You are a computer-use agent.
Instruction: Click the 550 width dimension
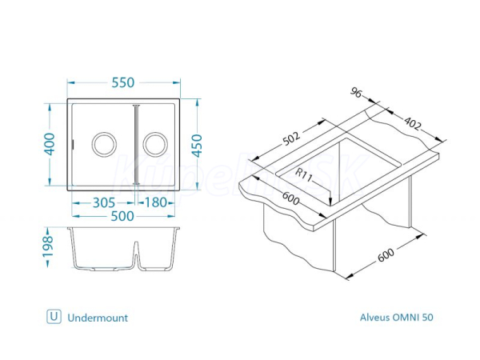coord(123,83)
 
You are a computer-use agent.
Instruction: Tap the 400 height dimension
coord(50,145)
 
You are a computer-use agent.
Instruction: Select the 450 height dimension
coord(208,145)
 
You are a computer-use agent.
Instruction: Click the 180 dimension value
coord(157,202)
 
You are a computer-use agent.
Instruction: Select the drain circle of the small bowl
coord(155,145)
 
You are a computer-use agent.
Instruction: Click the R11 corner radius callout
coord(305,174)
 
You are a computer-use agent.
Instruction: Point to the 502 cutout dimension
coord(291,138)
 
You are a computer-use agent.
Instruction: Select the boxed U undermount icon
coord(54,317)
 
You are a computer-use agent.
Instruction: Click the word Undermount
coord(98,317)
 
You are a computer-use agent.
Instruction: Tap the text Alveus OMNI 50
coord(397,317)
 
